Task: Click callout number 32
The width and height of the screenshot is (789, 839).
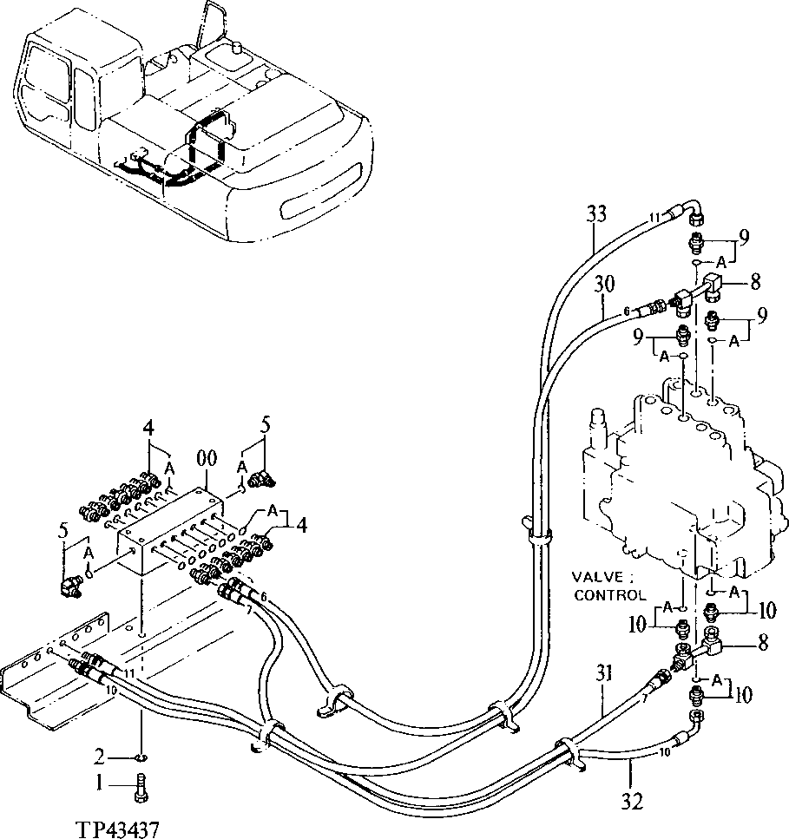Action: (634, 801)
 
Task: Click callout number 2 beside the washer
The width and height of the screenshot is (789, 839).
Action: (101, 754)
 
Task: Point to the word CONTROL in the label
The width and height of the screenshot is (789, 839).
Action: (609, 595)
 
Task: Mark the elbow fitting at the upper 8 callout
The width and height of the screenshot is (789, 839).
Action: (713, 284)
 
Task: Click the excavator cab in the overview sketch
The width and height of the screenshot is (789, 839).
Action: (56, 87)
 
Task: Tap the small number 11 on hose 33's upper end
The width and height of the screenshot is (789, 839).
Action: (654, 217)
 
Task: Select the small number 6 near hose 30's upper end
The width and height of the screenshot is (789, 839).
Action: (625, 312)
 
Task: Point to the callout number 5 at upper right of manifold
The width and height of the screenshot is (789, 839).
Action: (266, 425)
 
